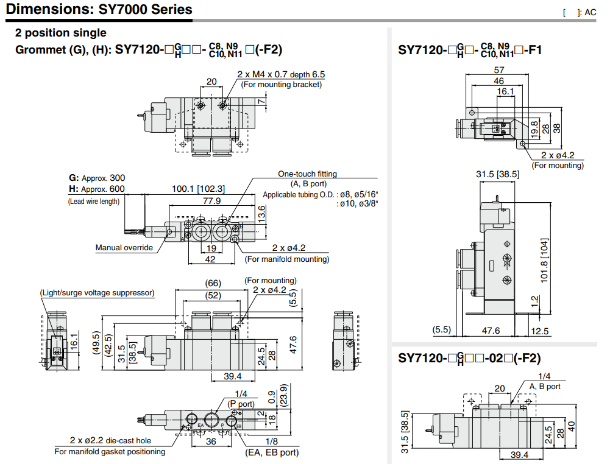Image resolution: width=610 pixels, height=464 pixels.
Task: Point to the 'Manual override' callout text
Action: point(124,247)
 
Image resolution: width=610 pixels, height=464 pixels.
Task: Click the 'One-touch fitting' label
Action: point(307,174)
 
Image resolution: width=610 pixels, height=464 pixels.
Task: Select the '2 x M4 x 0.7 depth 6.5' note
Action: point(281,74)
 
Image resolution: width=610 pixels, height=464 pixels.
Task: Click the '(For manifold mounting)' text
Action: point(286,259)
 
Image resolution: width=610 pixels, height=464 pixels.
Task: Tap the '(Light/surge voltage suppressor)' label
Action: point(97,293)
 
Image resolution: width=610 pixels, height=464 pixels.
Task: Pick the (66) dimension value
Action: point(212,283)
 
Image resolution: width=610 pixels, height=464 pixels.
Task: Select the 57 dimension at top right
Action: point(498,70)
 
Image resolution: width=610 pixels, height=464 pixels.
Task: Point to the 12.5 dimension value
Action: point(540,331)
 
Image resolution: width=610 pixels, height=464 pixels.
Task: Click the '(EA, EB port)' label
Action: point(272,452)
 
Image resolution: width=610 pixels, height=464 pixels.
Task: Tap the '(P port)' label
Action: point(241,403)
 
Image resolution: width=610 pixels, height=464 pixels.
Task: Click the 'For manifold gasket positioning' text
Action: point(110,451)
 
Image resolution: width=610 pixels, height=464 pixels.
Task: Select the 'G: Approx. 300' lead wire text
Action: point(97,178)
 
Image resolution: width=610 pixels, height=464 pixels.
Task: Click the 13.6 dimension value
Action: point(261,212)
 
